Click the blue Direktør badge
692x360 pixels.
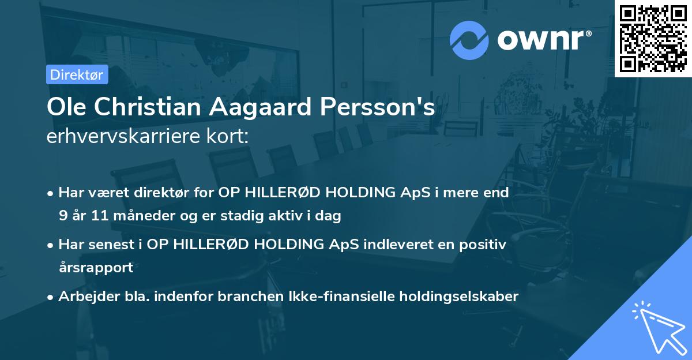(x=77, y=74)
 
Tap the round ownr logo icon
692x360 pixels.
(x=469, y=40)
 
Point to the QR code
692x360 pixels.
(x=653, y=38)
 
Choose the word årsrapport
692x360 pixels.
(x=96, y=267)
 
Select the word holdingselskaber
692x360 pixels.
(x=453, y=297)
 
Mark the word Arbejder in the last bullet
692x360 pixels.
(x=84, y=297)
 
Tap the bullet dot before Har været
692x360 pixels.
(x=51, y=194)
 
